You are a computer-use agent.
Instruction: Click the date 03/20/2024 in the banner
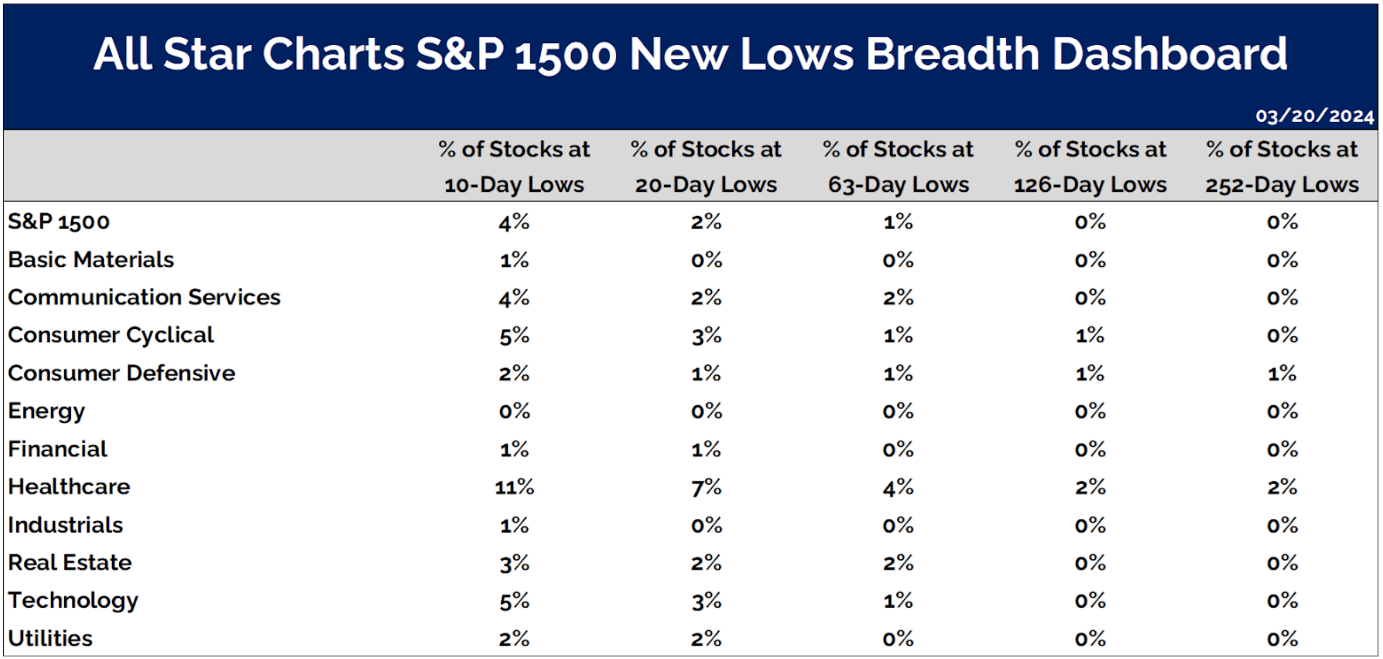click(1314, 116)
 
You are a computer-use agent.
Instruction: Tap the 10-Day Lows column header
click(514, 167)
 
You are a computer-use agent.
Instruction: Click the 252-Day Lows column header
click(1282, 167)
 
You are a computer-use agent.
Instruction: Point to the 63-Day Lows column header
click(898, 167)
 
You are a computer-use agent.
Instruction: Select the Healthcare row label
click(69, 486)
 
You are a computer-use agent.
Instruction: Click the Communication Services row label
click(144, 297)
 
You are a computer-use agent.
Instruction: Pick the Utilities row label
click(50, 638)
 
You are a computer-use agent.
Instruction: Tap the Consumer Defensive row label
click(121, 373)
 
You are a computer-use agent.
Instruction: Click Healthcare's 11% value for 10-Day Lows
click(515, 487)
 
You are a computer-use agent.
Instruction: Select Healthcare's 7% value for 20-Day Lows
click(706, 487)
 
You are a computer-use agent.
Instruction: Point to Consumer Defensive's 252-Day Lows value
click(1282, 374)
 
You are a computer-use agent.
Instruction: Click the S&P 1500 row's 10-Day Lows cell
click(514, 222)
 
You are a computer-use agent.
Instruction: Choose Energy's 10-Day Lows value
click(515, 411)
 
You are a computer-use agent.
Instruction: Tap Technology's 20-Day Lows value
click(706, 601)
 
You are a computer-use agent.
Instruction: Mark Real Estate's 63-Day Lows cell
click(898, 563)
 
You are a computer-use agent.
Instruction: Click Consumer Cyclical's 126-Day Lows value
click(1090, 335)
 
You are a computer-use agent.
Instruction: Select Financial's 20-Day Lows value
click(706, 449)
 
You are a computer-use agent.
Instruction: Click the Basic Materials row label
click(91, 259)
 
